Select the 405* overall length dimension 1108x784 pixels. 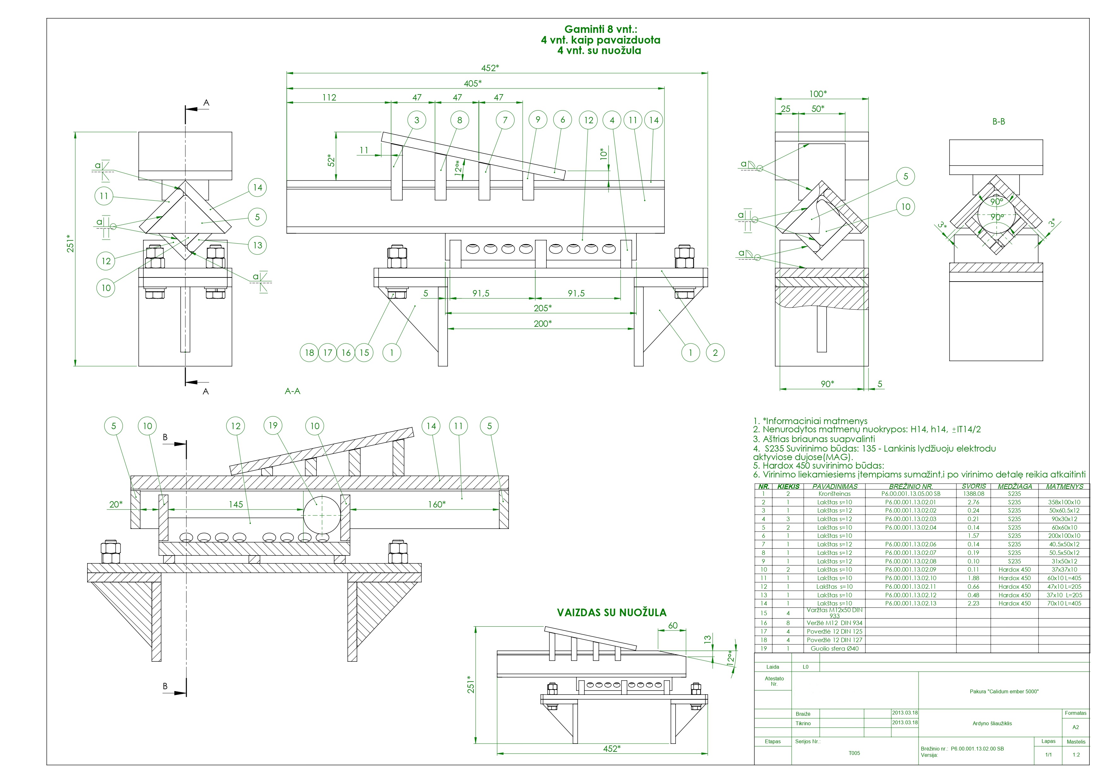click(473, 83)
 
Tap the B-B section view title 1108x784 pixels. click(998, 122)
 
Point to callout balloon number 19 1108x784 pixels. click(273, 425)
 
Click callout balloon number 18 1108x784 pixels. click(309, 352)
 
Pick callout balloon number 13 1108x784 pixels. click(258, 245)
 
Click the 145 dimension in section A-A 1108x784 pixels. click(236, 504)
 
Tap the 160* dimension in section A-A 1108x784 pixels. click(436, 504)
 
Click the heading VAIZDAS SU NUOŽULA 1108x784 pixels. click(611, 613)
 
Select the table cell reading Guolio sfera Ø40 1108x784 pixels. click(834, 648)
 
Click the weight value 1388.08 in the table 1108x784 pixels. click(973, 494)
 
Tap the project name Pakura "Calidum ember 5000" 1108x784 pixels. click(1004, 691)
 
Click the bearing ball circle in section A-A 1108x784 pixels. click(322, 515)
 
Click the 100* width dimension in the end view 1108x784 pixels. click(817, 94)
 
